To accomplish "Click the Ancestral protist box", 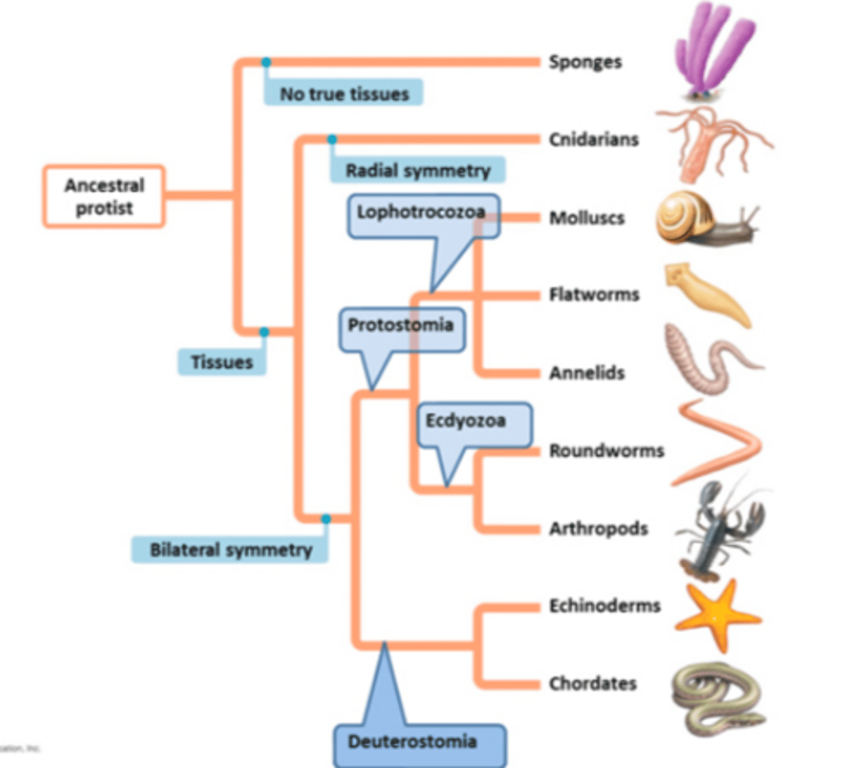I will [104, 196].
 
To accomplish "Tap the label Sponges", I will [585, 62].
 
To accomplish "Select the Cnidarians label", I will [593, 140].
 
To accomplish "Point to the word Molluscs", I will [586, 218].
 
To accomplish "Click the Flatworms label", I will [594, 294].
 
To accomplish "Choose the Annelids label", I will [586, 372].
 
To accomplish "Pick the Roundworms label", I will [606, 451].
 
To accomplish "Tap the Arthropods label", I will [599, 529].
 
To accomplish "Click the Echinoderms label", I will [604, 605].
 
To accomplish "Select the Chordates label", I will [593, 684].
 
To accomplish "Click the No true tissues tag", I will [344, 93].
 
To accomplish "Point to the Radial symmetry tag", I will [418, 170].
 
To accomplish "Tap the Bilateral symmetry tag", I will [230, 550].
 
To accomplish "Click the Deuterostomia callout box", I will [412, 742].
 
